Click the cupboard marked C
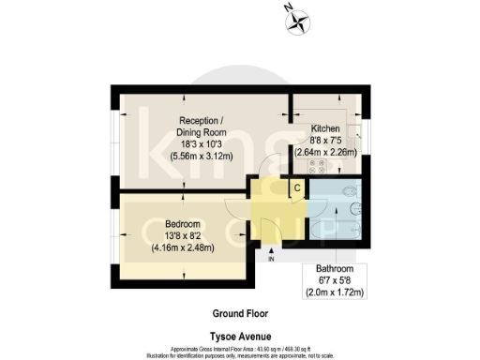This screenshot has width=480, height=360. [x=296, y=187]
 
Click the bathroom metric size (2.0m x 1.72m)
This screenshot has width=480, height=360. [x=334, y=292]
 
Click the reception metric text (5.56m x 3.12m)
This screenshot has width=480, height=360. [x=205, y=157]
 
